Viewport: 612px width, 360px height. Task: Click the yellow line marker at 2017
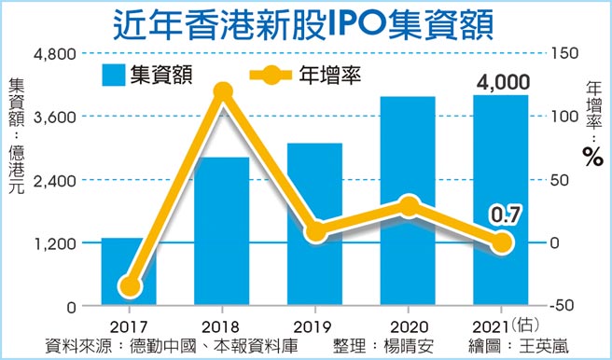(x=130, y=286)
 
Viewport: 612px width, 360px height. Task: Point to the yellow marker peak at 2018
(x=222, y=91)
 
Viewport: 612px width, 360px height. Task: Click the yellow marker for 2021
(x=502, y=242)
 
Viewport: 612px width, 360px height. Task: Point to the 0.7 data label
(x=504, y=217)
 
